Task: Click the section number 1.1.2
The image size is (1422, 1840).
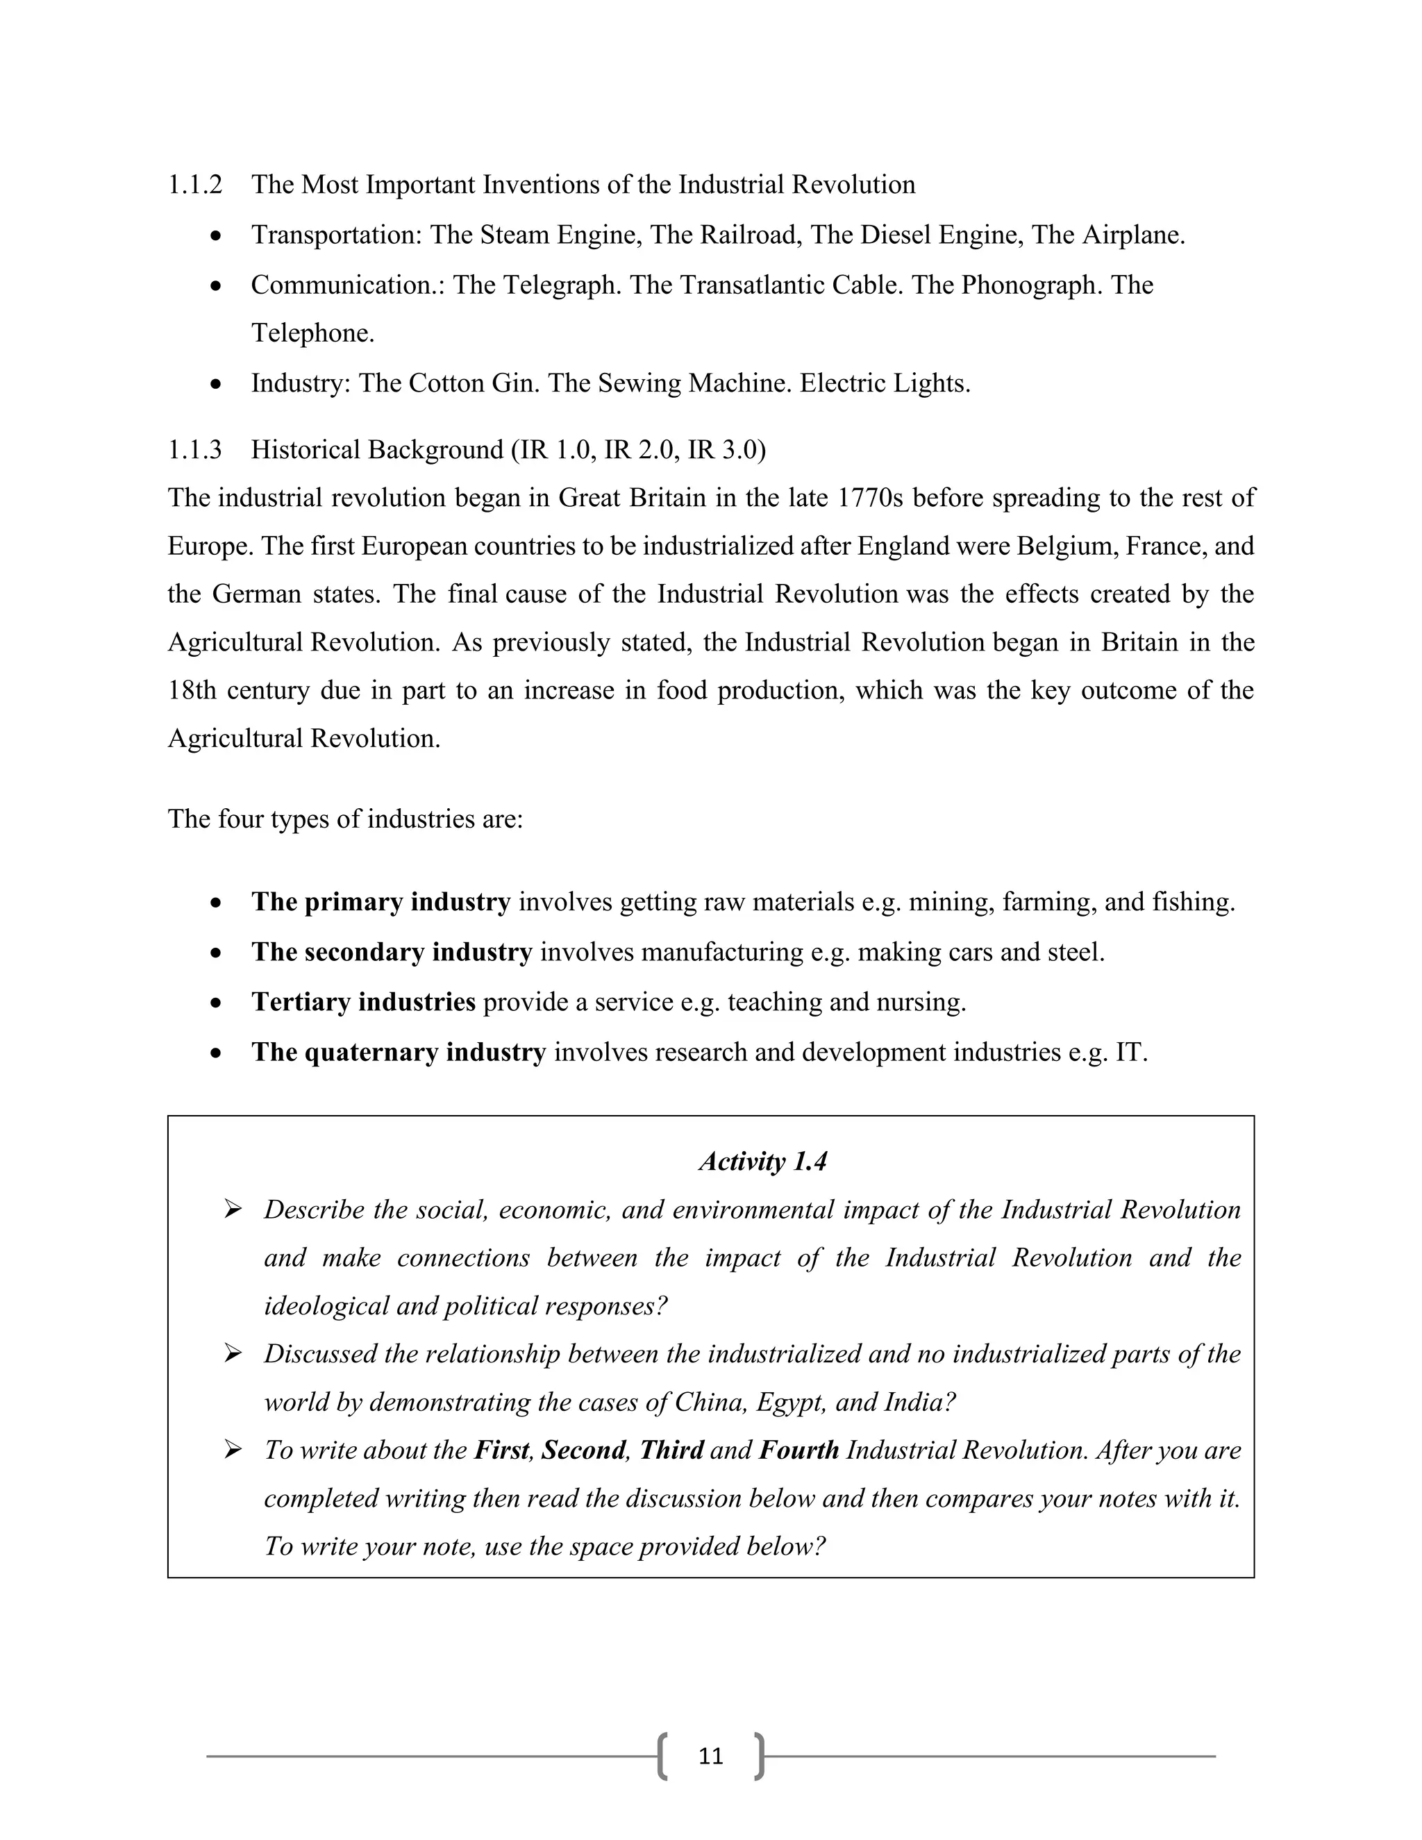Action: (x=194, y=185)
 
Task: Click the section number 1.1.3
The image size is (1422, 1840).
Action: (x=194, y=450)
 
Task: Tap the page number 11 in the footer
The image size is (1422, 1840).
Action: (x=711, y=1756)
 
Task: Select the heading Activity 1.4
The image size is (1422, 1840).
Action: (x=762, y=1162)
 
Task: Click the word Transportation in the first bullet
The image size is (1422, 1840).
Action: (x=335, y=235)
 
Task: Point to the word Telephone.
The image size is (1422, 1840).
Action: (x=312, y=333)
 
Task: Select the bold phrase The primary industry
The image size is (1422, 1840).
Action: (x=380, y=903)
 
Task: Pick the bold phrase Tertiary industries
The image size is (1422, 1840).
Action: (x=363, y=1003)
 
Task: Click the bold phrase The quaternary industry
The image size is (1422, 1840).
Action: (x=399, y=1052)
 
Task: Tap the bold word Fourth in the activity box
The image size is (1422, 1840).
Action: (x=798, y=1450)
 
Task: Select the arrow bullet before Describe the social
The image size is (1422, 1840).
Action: (x=233, y=1210)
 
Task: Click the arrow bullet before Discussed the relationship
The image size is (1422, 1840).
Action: (x=233, y=1354)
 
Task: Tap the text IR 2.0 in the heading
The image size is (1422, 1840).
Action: (x=641, y=450)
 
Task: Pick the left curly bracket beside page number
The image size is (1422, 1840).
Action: (x=663, y=1756)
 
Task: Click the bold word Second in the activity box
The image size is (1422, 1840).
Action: (x=583, y=1450)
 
